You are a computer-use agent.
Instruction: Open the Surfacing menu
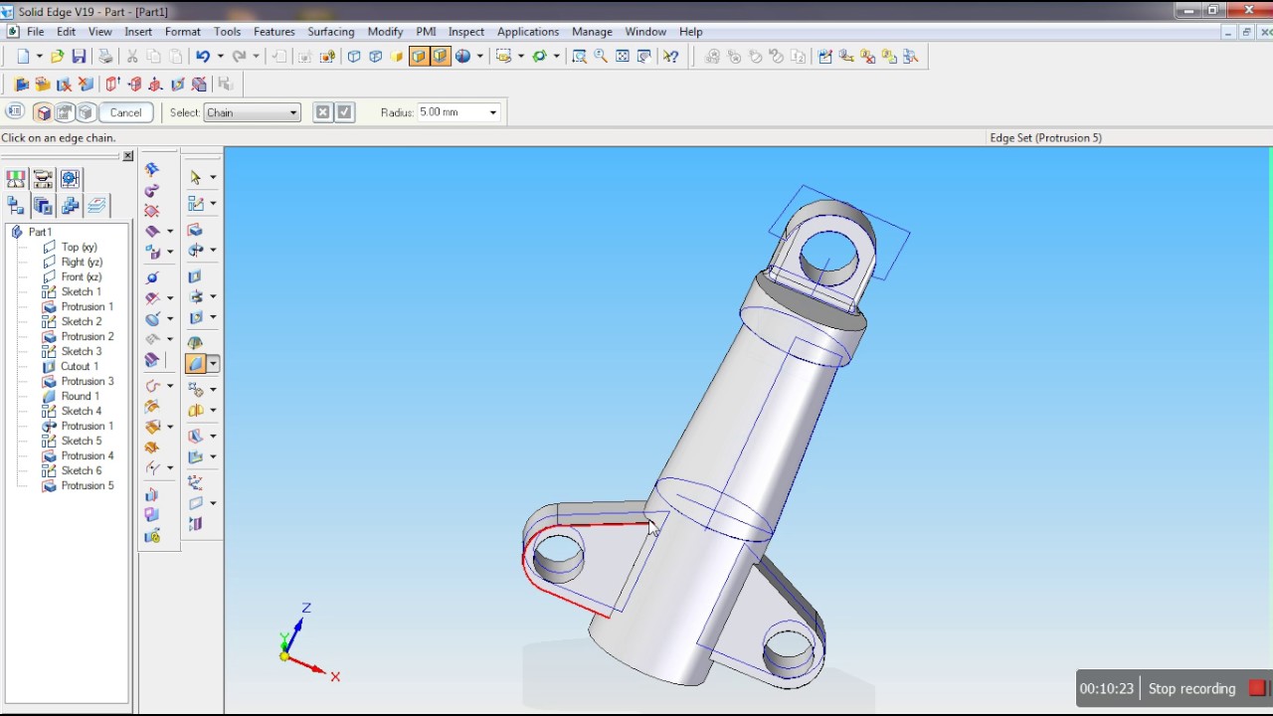[x=331, y=32]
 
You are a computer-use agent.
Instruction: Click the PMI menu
[x=426, y=32]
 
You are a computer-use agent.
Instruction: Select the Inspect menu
[x=466, y=32]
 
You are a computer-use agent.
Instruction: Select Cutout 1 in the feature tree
[x=80, y=367]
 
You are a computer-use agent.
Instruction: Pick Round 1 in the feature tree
[x=81, y=396]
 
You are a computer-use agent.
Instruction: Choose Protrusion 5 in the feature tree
[x=88, y=486]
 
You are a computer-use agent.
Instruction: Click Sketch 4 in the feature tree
[x=82, y=411]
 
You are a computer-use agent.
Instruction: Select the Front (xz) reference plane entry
[x=82, y=276]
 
